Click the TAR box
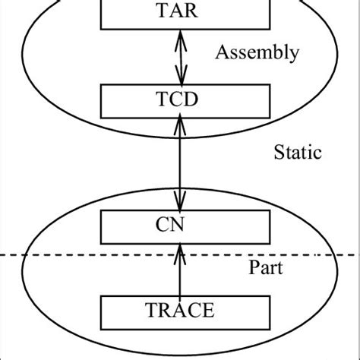[x=180, y=12]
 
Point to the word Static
[x=297, y=153]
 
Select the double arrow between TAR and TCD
[x=180, y=55]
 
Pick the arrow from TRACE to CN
[x=180, y=270]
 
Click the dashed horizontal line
[x=76, y=254]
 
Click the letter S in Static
[x=277, y=153]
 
